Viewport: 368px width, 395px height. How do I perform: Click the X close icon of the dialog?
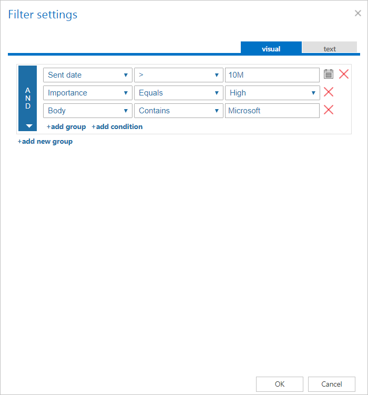(358, 14)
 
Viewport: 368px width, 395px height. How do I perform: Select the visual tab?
(271, 48)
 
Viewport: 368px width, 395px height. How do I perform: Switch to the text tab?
(330, 48)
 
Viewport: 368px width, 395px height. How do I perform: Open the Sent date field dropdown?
(88, 75)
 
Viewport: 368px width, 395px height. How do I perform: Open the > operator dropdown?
(179, 75)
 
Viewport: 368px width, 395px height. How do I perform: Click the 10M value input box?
(272, 75)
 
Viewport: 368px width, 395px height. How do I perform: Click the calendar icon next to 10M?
(329, 74)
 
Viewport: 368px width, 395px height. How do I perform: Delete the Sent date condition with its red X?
(344, 74)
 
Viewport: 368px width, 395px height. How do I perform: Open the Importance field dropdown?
(88, 93)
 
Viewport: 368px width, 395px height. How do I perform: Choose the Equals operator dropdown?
(179, 93)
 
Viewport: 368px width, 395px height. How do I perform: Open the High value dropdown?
(272, 93)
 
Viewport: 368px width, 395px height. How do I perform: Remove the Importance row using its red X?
(329, 92)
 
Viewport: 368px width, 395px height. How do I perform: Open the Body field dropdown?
(88, 111)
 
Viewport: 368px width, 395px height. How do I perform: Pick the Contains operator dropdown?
(179, 111)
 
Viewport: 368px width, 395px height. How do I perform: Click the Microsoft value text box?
(272, 111)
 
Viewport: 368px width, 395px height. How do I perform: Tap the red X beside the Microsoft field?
(329, 110)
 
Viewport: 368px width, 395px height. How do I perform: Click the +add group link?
(66, 126)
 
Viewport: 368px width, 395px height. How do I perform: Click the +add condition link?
(117, 126)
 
